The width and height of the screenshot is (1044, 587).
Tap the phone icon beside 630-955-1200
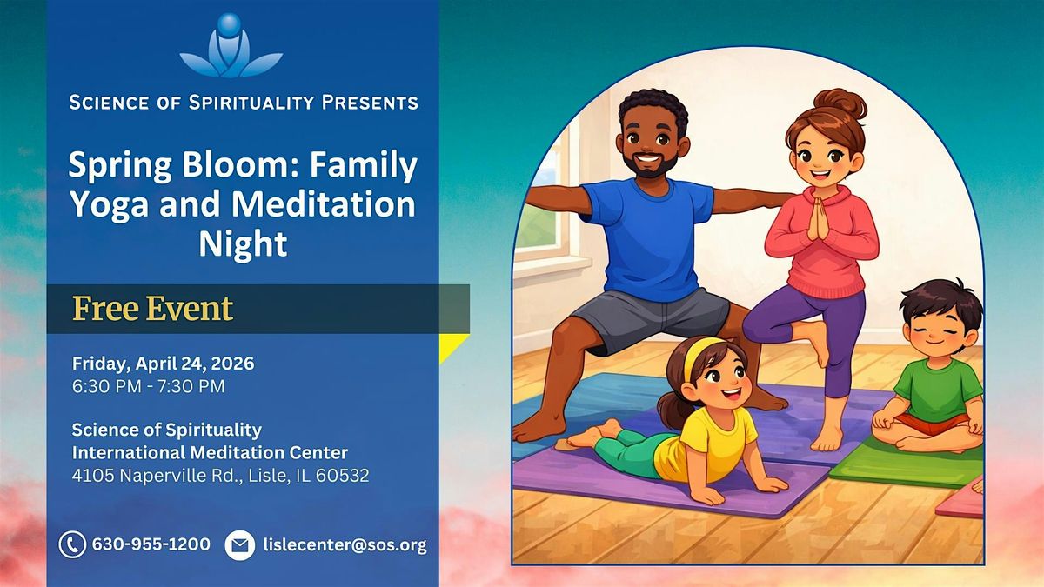pyautogui.click(x=72, y=544)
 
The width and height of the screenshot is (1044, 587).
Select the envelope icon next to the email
pyautogui.click(x=239, y=545)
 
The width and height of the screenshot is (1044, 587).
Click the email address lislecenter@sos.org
pyautogui.click(x=345, y=545)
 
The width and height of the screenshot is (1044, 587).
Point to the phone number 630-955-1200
pyautogui.click(x=151, y=544)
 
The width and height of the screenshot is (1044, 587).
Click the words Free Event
pyautogui.click(x=153, y=309)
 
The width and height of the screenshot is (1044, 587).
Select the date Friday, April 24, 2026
pyautogui.click(x=164, y=364)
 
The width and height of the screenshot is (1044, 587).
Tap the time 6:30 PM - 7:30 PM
pyautogui.click(x=148, y=386)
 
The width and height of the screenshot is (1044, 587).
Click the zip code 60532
pyautogui.click(x=342, y=475)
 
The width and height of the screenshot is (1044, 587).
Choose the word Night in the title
pyautogui.click(x=243, y=243)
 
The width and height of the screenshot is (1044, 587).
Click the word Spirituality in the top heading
pyautogui.click(x=251, y=103)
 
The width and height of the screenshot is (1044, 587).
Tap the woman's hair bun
pyautogui.click(x=840, y=103)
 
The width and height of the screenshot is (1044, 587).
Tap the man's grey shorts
pyautogui.click(x=650, y=318)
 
